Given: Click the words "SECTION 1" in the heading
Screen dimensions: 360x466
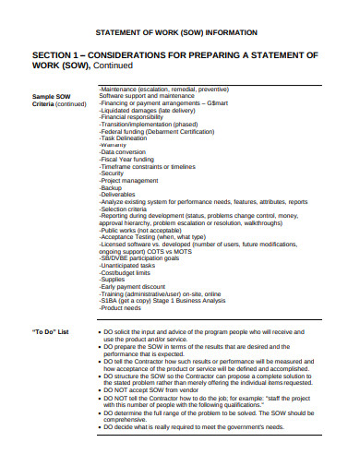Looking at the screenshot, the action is [x=64, y=54].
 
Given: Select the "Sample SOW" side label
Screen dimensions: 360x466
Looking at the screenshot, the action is [x=52, y=96].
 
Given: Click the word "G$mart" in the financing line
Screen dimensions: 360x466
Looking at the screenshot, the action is [x=245, y=103].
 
